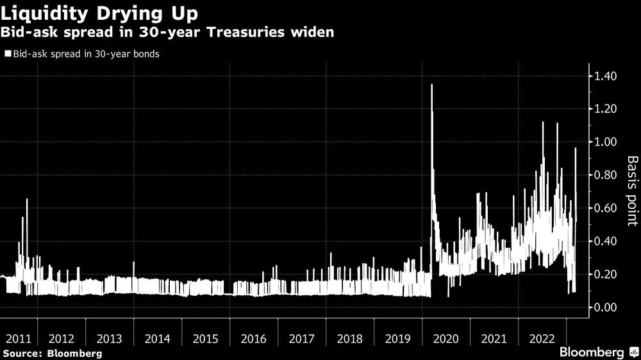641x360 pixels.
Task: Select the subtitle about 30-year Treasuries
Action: tap(169, 33)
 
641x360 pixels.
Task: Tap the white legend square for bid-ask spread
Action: tap(7, 54)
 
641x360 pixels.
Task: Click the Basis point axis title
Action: tap(631, 191)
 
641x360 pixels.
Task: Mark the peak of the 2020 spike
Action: tap(431, 85)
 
